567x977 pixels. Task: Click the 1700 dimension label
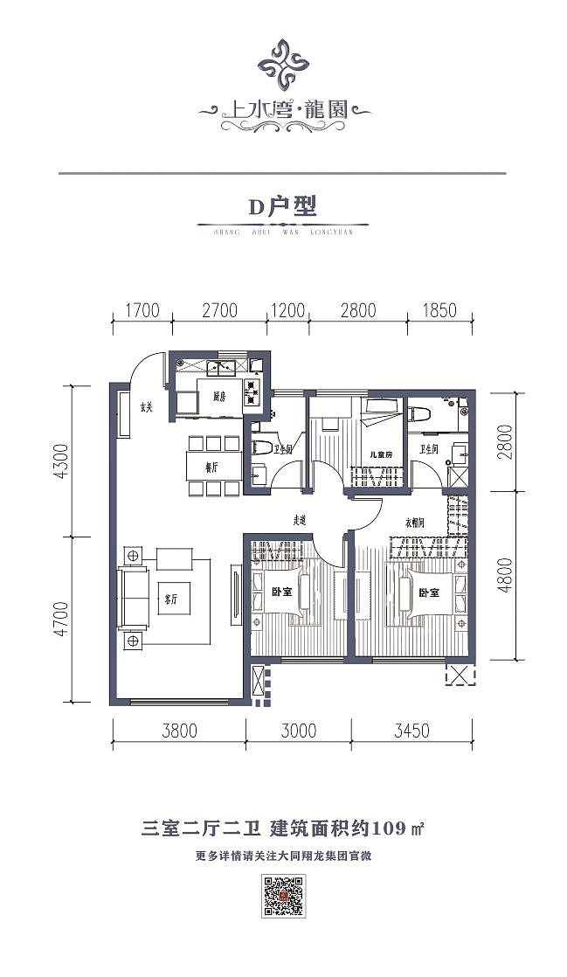142,309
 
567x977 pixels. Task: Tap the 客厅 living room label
171,599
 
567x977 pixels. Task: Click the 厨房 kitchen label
219,396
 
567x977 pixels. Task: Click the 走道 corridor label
301,520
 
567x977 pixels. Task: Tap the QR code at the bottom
283,897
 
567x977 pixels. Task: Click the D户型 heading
281,207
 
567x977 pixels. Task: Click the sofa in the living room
134,595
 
